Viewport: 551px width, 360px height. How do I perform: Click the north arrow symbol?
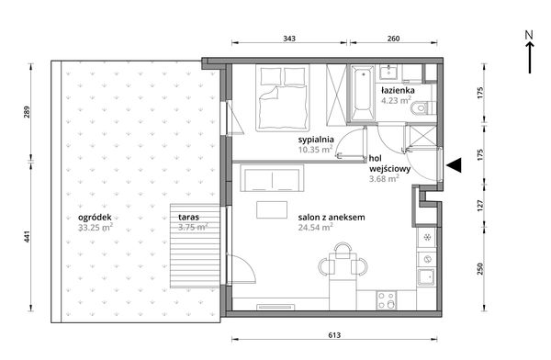(x=530, y=52)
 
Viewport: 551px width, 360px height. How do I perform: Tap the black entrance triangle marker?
(x=454, y=165)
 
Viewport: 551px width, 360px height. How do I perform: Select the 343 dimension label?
(x=289, y=39)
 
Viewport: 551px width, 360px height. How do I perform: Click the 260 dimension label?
(x=394, y=39)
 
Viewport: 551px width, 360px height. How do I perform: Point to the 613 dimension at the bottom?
(x=334, y=335)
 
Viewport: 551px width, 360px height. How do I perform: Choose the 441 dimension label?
(x=27, y=236)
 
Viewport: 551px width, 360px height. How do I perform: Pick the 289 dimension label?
(x=27, y=112)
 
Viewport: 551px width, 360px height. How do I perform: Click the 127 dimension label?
(x=480, y=206)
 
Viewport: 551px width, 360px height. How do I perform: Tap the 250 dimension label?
(x=480, y=268)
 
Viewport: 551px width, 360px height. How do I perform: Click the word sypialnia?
(x=316, y=140)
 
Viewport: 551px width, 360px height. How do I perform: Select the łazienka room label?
(x=398, y=90)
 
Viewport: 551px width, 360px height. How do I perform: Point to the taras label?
(x=188, y=217)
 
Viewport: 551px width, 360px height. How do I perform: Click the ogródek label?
(x=95, y=218)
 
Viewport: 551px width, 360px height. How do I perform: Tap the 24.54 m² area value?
(x=316, y=227)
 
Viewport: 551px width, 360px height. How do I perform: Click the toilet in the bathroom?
(x=423, y=107)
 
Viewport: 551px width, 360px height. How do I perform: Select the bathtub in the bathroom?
(x=362, y=95)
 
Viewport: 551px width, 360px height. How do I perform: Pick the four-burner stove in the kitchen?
(x=387, y=300)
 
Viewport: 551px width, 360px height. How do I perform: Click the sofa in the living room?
(x=272, y=178)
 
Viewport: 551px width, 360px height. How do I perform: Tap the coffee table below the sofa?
(x=272, y=209)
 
